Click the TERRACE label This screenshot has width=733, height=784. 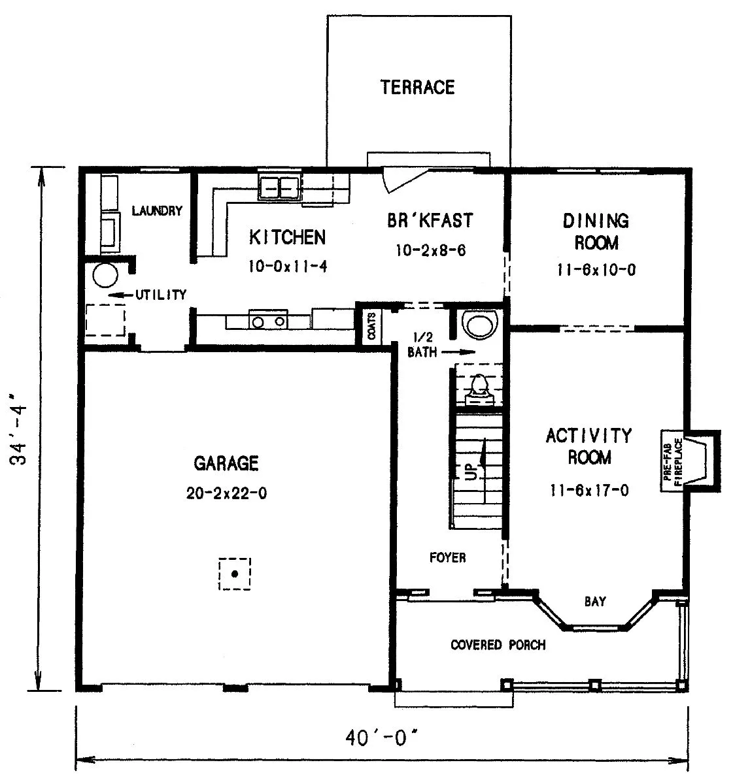pos(418,88)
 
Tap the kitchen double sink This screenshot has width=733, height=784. pos(279,187)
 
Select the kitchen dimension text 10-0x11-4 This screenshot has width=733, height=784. pos(288,267)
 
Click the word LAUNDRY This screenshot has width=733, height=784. pos(157,210)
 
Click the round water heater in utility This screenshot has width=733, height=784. pos(105,275)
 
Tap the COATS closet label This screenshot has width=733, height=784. pos(372,327)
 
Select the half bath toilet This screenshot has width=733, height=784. pos(479,389)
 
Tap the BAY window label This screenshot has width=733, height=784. pos(595,601)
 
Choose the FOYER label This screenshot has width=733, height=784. pos(448,557)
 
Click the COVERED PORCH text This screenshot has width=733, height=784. pos(498,645)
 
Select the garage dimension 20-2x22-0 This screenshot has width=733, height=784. pos(226,493)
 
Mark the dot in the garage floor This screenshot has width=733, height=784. pos(235,574)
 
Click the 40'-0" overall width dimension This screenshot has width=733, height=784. pos(382,738)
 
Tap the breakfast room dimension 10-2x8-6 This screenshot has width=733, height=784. pos(431,250)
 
